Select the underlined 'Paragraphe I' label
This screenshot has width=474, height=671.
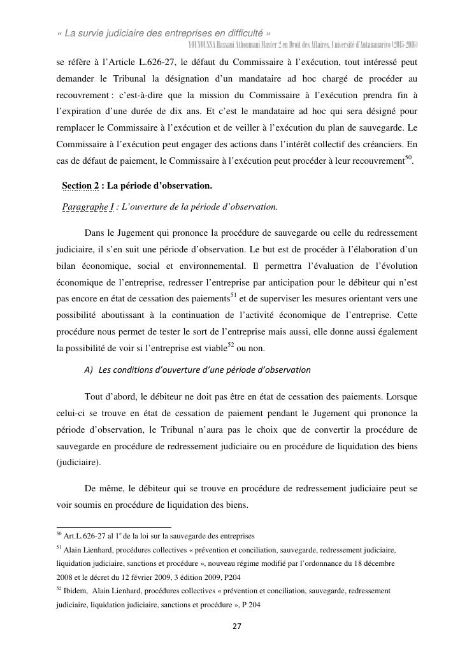click(x=88, y=206)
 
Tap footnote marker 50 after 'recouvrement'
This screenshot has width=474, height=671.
click(x=409, y=157)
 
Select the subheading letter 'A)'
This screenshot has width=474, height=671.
click(x=89, y=369)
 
